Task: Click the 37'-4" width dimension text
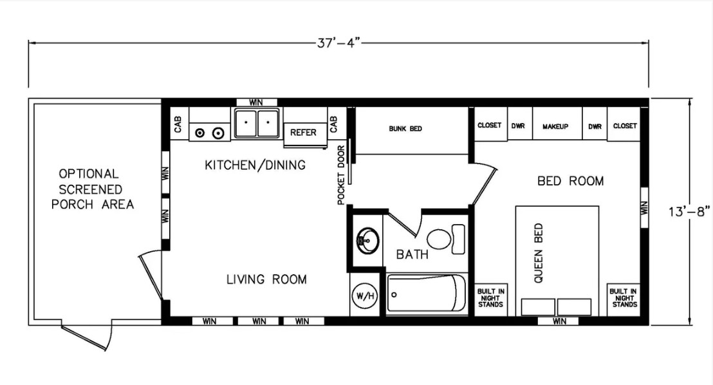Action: click(338, 43)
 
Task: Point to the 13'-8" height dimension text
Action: click(689, 212)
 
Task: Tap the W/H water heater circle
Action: click(365, 296)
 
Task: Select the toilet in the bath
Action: click(445, 239)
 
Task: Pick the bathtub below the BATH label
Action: click(427, 294)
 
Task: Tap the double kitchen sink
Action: click(257, 123)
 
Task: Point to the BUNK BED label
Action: click(405, 129)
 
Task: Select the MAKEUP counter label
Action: click(555, 127)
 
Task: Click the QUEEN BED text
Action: click(539, 253)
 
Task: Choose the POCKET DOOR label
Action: click(341, 175)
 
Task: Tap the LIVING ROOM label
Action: click(266, 279)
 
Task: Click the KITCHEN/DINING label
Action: click(255, 165)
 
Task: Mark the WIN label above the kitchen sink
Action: click(256, 102)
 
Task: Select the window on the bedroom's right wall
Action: click(644, 207)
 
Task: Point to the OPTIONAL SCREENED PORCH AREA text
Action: click(92, 189)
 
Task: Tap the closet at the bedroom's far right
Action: click(624, 124)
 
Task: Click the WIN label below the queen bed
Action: click(559, 321)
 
